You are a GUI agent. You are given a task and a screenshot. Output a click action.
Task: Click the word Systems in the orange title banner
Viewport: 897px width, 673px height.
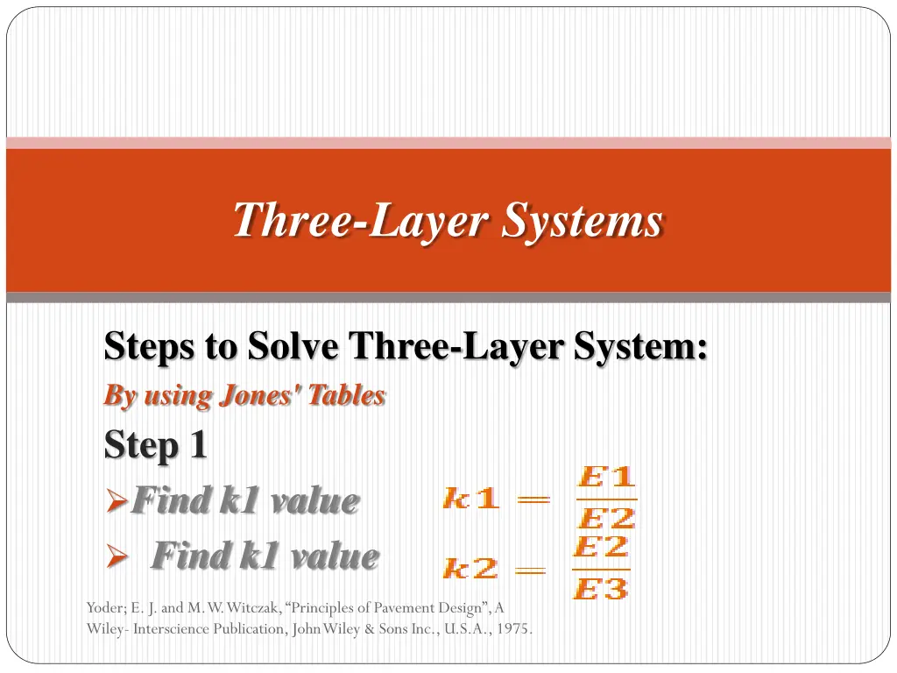click(x=583, y=221)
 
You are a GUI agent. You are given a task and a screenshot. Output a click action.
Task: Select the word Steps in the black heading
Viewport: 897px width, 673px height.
click(x=149, y=347)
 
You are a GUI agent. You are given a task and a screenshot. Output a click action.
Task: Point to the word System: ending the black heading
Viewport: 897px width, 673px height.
click(x=640, y=347)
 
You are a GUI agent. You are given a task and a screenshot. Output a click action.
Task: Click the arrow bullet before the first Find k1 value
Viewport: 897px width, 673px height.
click(x=117, y=500)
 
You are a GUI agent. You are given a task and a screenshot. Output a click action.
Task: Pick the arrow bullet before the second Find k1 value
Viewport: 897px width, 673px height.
click(x=117, y=556)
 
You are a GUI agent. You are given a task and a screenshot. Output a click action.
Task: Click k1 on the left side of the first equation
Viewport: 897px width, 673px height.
click(x=470, y=498)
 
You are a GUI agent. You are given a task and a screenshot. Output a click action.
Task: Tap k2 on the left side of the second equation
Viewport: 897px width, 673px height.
click(x=470, y=568)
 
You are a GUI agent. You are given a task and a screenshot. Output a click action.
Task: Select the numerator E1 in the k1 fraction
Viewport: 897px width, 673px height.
click(x=606, y=476)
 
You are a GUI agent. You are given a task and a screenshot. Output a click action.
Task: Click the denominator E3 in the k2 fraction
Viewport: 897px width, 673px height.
click(x=601, y=588)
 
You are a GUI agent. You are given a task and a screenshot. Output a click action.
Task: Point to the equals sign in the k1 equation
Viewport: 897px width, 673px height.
click(x=533, y=499)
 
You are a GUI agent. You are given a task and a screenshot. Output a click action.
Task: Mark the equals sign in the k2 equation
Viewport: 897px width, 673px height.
click(x=530, y=570)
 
